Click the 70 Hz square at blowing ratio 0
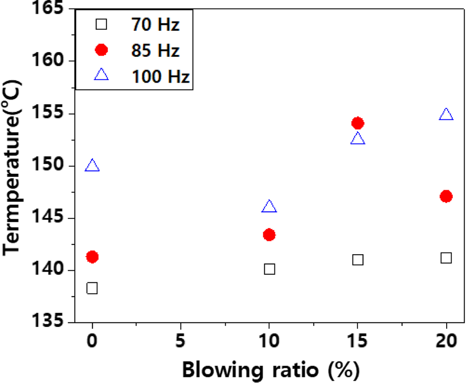click(92, 288)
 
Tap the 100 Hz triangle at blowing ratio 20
click(446, 115)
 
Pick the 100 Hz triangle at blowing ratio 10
click(269, 207)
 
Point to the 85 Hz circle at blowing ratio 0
click(92, 257)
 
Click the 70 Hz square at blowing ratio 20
click(446, 258)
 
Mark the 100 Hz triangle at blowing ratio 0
click(92, 166)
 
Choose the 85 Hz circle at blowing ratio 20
click(446, 197)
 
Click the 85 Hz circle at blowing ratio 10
click(269, 235)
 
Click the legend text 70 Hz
click(155, 26)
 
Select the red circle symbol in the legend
click(101, 50)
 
